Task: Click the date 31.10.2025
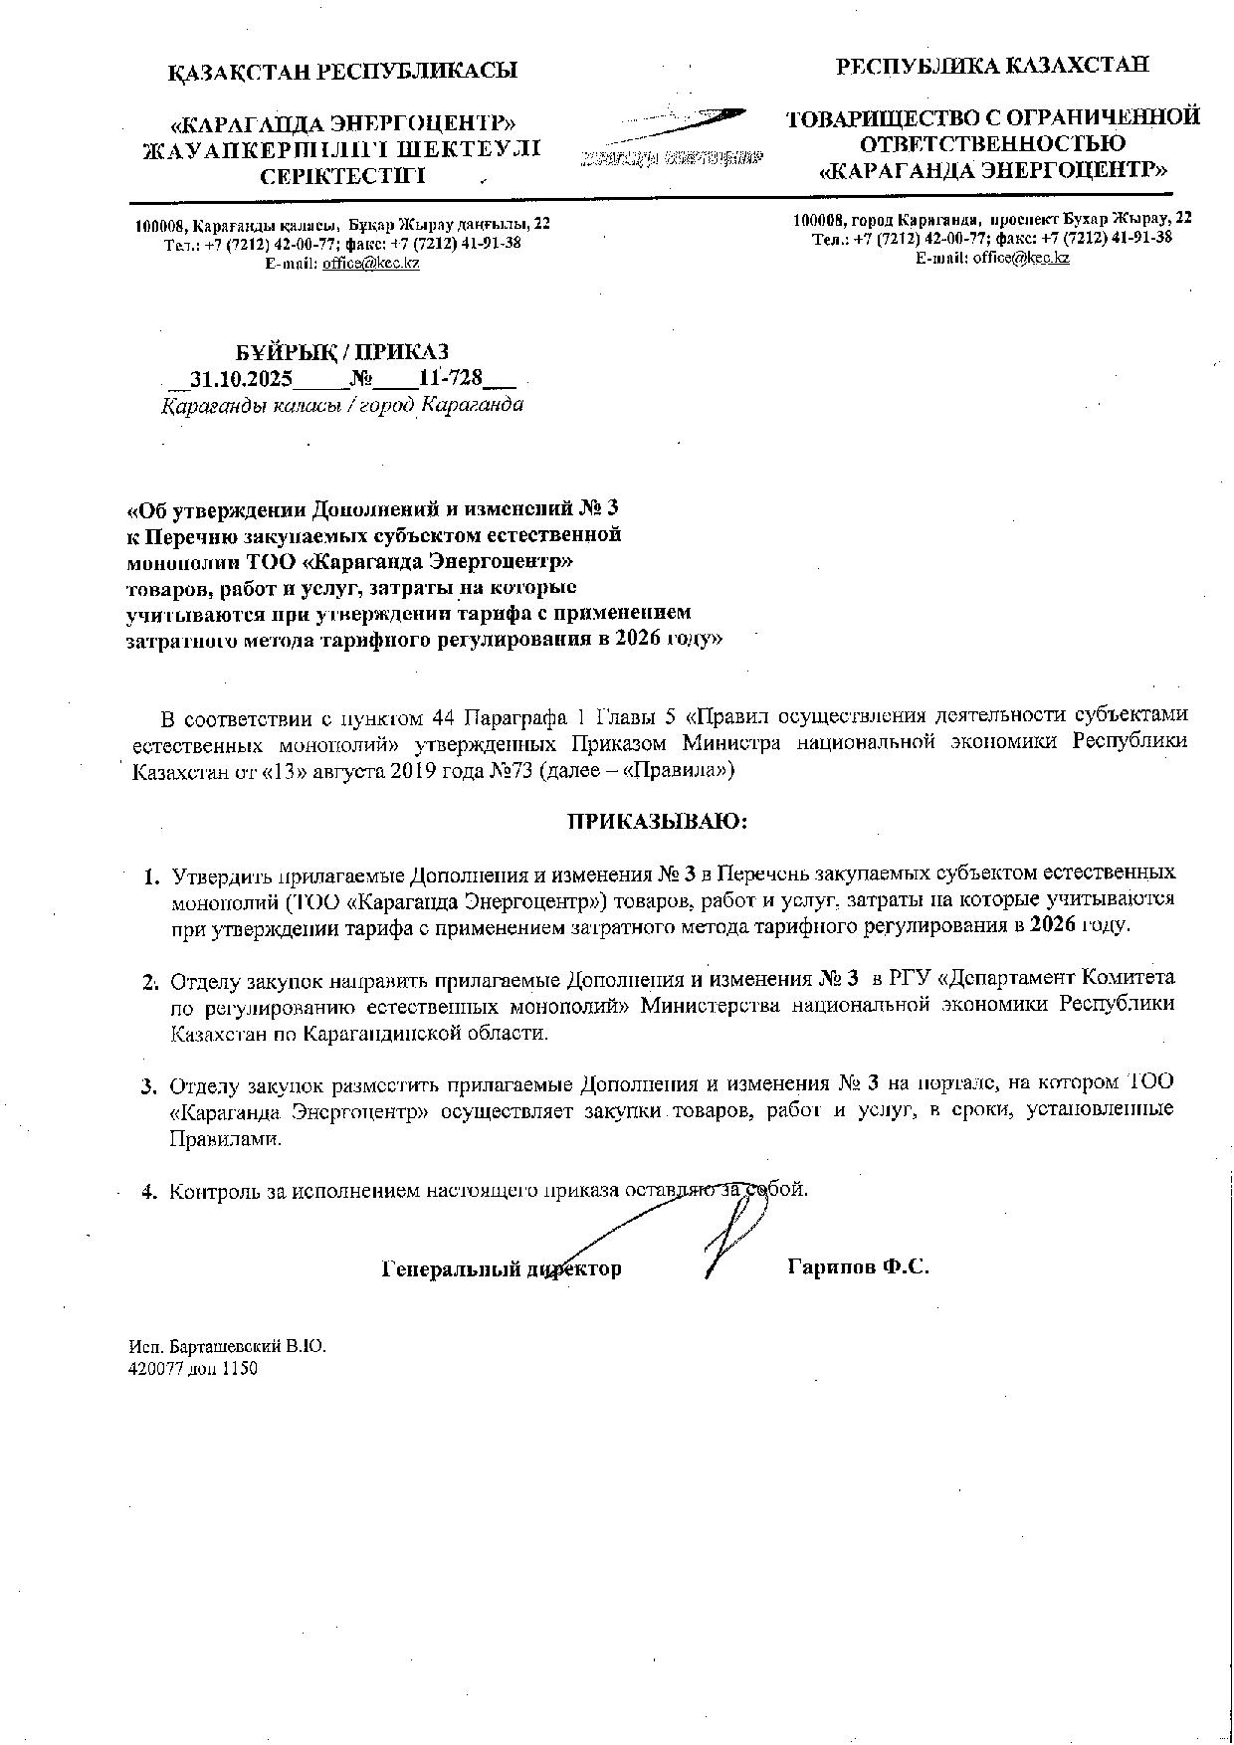[240, 379]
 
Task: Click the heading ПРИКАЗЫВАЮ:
[657, 822]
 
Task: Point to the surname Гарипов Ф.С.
[858, 1267]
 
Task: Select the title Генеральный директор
[502, 1268]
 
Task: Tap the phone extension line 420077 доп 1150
[193, 1368]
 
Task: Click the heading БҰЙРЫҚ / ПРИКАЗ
[341, 352]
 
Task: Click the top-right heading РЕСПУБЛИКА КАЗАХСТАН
[992, 66]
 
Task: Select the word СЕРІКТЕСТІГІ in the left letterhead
[342, 176]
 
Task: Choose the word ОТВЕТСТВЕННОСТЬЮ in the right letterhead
[993, 143]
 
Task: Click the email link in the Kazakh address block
[370, 264]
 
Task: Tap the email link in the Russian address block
[1021, 258]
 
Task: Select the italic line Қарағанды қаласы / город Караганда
[342, 406]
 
